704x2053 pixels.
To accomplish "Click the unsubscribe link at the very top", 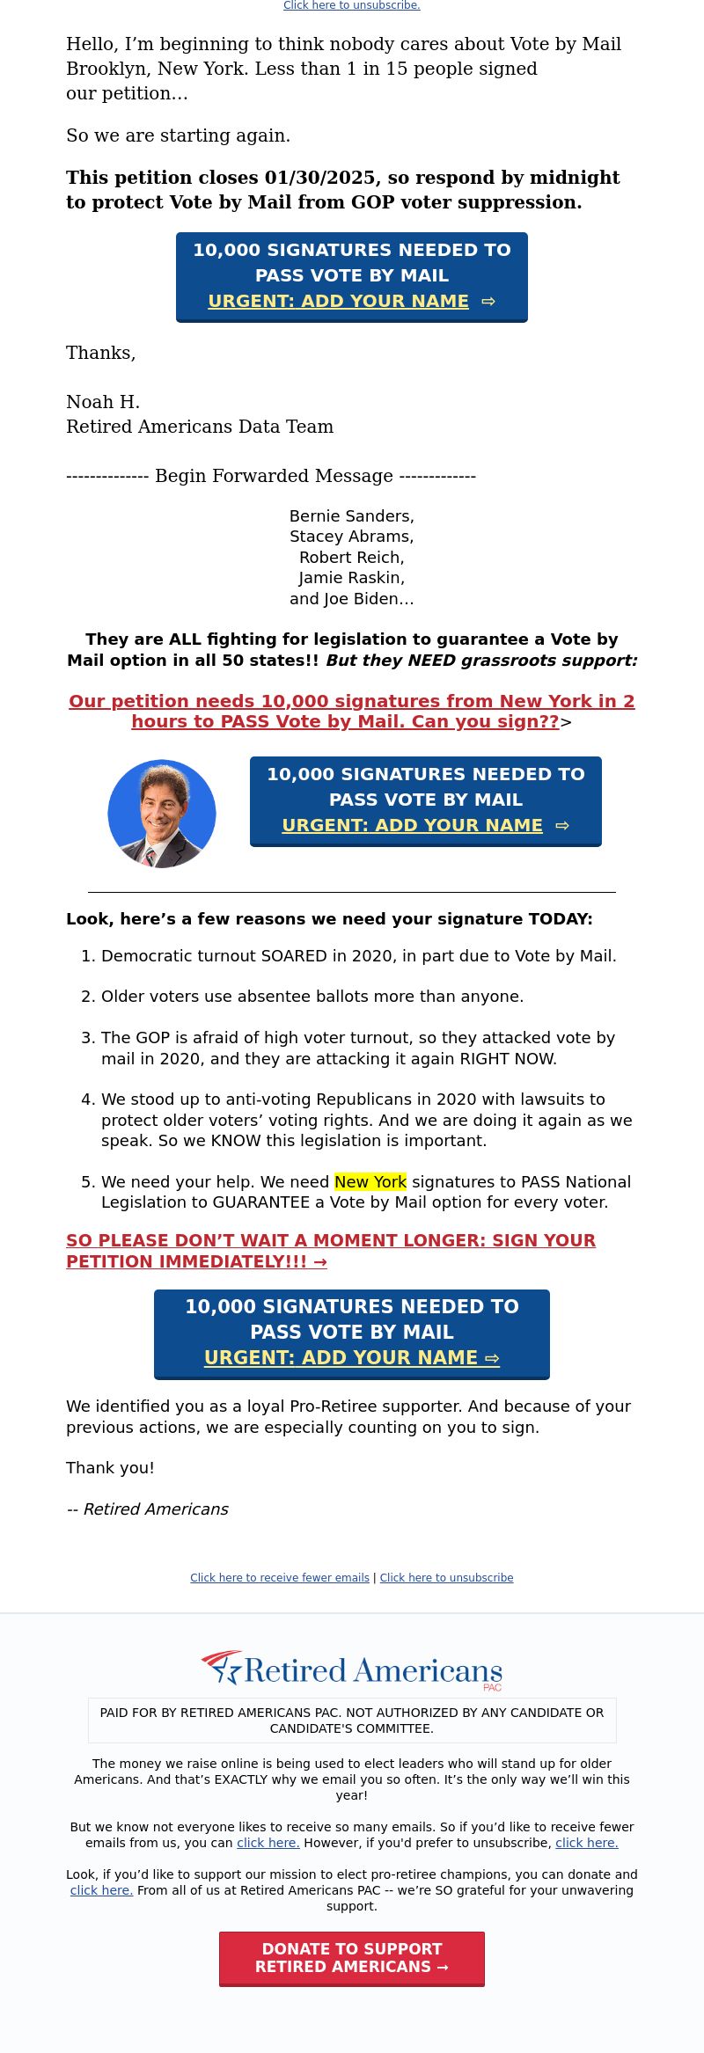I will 351,5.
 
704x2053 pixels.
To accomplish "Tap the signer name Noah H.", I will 103,402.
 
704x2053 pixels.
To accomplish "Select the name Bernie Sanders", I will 351,516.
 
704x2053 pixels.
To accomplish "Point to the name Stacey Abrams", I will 351,537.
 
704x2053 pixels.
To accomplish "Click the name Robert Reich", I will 351,558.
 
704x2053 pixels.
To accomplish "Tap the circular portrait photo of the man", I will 162,814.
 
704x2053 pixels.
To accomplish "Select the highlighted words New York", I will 370,1182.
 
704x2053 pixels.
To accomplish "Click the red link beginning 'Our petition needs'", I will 351,712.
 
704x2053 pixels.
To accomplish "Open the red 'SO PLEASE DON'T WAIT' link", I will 330,1251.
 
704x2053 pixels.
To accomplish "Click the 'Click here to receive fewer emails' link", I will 280,1578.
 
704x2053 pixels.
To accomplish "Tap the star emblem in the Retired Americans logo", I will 224,1667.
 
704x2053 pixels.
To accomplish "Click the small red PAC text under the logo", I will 492,1687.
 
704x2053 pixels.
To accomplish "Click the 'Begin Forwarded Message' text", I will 273,476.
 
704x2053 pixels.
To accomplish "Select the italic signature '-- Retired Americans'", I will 148,1509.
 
